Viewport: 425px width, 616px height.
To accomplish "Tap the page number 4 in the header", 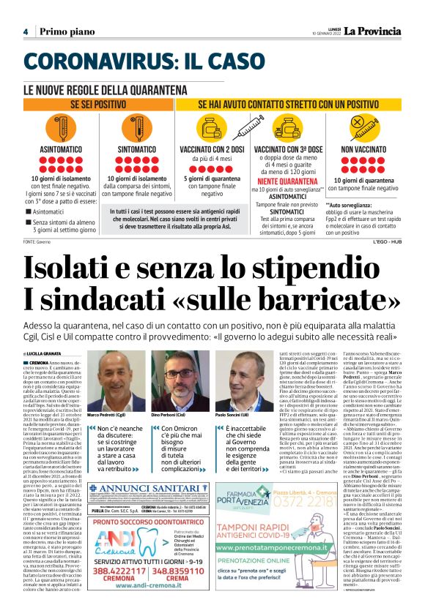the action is coord(26,32).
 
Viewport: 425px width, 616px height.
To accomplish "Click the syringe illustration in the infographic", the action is coord(289,125).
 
